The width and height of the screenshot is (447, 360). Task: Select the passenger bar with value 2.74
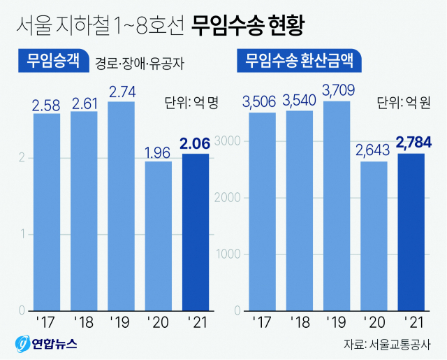click(x=121, y=206)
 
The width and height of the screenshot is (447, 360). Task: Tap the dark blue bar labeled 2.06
click(x=195, y=231)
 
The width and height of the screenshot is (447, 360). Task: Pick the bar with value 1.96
click(x=158, y=236)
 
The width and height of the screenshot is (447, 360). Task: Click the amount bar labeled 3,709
click(x=337, y=206)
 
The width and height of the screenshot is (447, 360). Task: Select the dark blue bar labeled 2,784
click(x=411, y=231)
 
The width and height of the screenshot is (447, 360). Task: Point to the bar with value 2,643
click(x=374, y=236)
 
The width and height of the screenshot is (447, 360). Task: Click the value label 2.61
click(x=84, y=103)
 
